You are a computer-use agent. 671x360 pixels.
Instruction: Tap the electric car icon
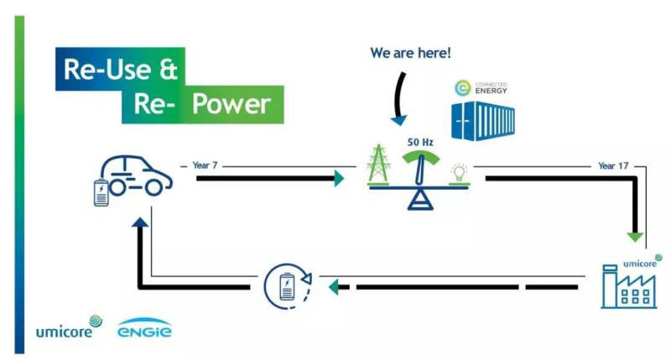pos(138,176)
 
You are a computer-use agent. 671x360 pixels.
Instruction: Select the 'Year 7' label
pos(205,166)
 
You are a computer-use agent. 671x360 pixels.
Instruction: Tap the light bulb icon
pos(458,173)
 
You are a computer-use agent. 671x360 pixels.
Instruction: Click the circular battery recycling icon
pos(287,287)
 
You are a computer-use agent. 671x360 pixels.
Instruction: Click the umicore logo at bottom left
pos(67,327)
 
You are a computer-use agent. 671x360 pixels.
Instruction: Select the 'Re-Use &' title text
pos(117,67)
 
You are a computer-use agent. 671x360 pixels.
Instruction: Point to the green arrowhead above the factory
pos(637,236)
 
